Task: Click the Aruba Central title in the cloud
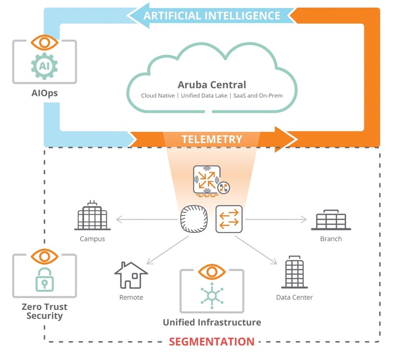tap(212, 85)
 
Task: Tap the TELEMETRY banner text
tap(212, 139)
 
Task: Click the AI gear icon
tap(44, 66)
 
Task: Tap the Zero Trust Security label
tap(44, 311)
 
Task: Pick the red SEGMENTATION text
tap(212, 341)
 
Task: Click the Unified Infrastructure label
tap(212, 322)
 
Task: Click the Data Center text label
tap(294, 298)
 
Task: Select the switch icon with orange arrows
tap(229, 219)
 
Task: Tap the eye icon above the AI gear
tap(44, 42)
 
